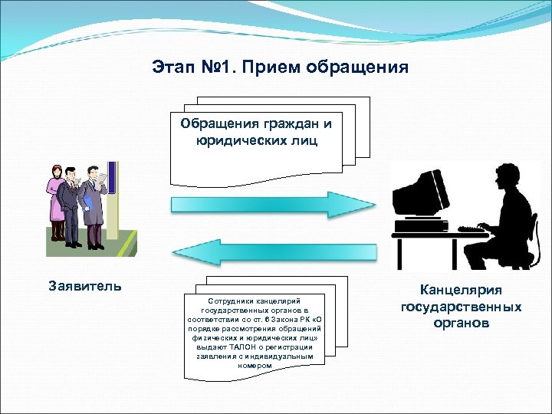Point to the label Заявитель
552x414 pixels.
[x=84, y=286]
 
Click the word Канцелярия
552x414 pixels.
[x=461, y=290]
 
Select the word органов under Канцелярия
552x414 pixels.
[x=461, y=323]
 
